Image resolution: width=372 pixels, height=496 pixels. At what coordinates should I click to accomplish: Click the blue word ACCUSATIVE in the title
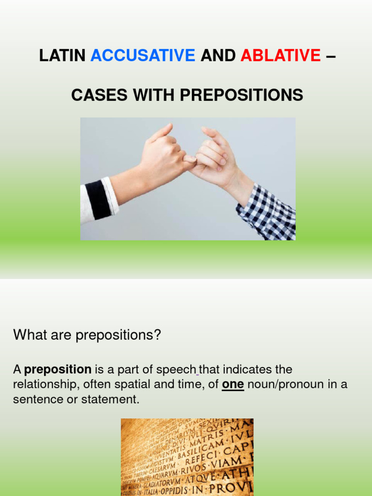(142, 56)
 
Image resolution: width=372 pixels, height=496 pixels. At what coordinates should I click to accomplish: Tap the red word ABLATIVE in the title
(280, 56)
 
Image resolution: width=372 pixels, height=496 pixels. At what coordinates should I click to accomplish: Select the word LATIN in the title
(62, 56)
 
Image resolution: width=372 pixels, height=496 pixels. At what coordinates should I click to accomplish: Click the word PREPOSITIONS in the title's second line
(241, 95)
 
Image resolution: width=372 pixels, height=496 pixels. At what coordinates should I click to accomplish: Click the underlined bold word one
(233, 385)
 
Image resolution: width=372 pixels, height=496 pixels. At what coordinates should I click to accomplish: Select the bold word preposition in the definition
(58, 370)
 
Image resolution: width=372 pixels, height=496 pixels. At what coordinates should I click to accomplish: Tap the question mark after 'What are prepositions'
(157, 335)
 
